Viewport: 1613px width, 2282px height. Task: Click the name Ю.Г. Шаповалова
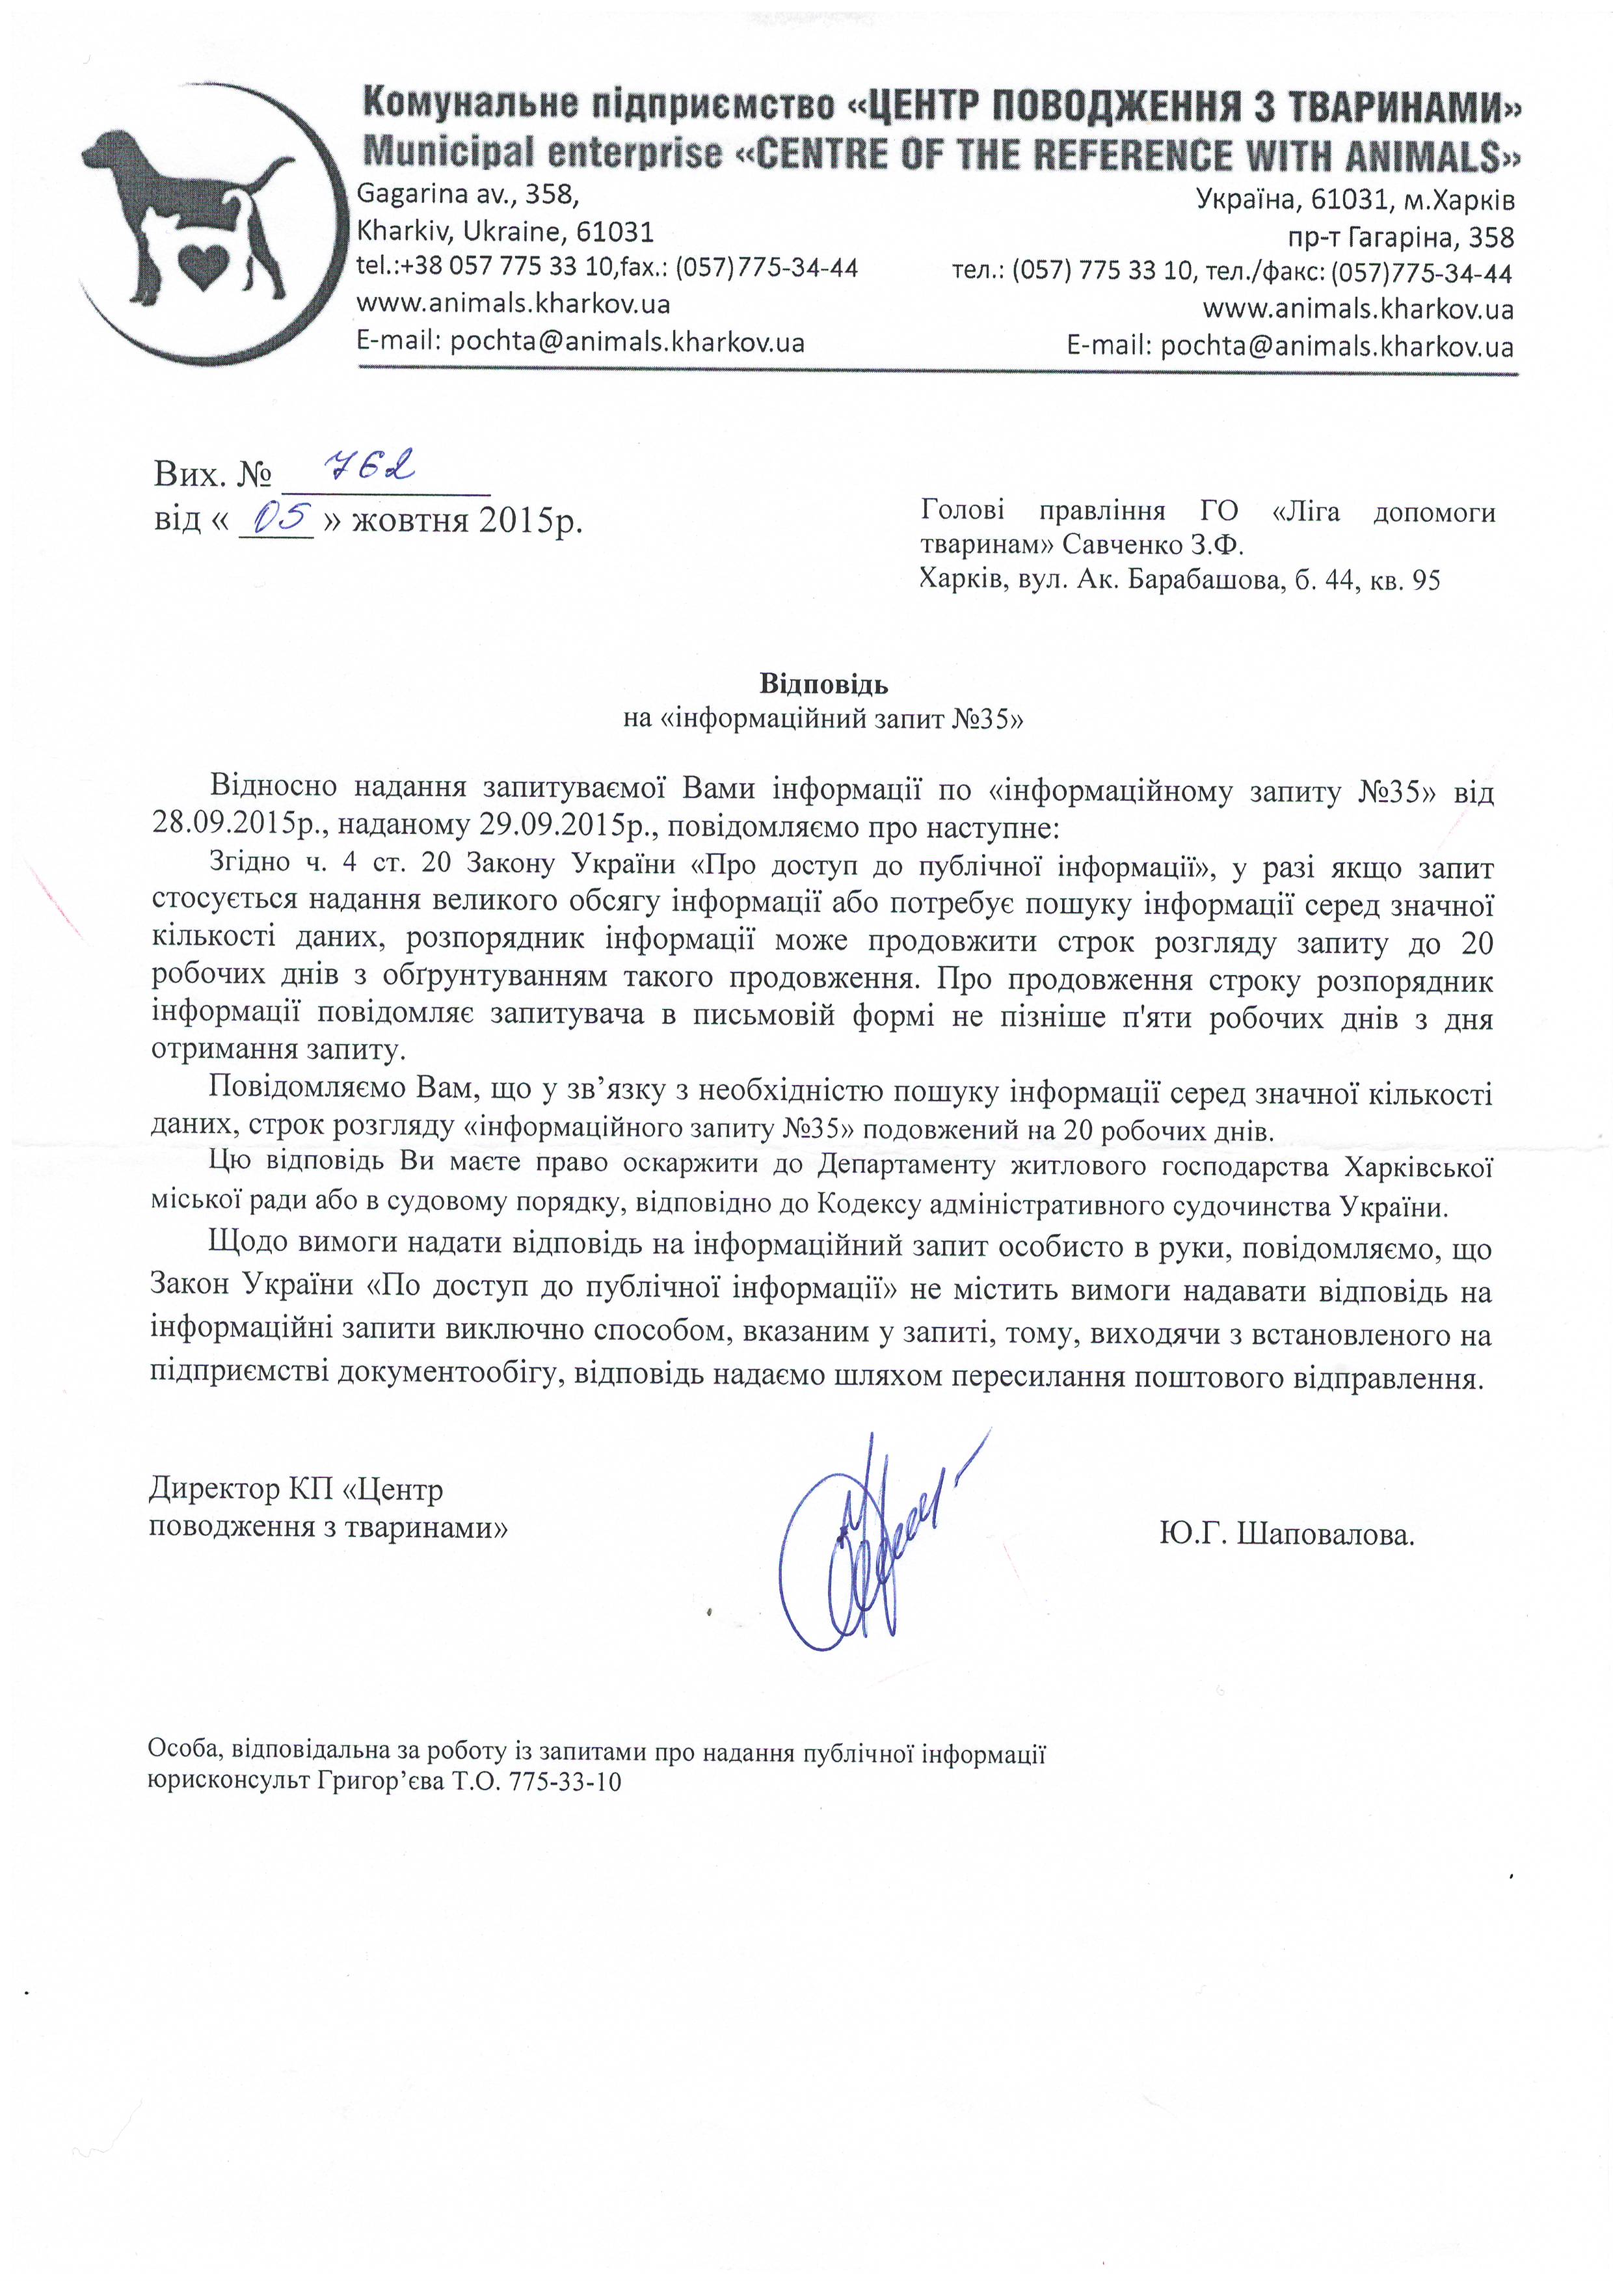click(1286, 1536)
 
